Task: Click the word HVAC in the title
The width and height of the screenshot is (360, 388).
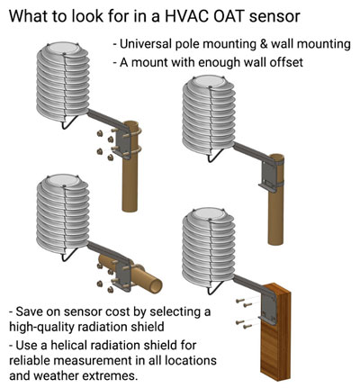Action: pos(182,16)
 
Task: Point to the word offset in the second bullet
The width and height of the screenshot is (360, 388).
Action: pos(286,62)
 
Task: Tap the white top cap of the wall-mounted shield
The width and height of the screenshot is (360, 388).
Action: pos(208,214)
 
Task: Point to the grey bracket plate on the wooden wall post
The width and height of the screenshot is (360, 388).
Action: pos(268,308)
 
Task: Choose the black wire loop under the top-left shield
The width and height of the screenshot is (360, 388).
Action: pos(69,122)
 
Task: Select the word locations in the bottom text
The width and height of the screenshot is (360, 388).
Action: pos(192,360)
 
